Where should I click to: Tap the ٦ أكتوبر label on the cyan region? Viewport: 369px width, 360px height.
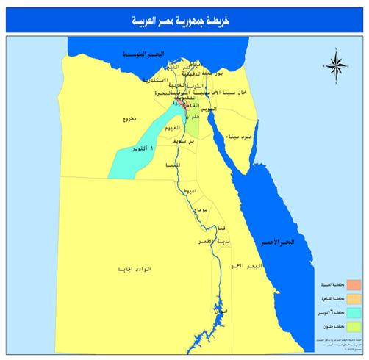(x=140, y=149)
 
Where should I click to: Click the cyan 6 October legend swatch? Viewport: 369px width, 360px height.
(x=352, y=312)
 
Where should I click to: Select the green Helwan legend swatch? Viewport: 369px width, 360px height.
(x=352, y=326)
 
